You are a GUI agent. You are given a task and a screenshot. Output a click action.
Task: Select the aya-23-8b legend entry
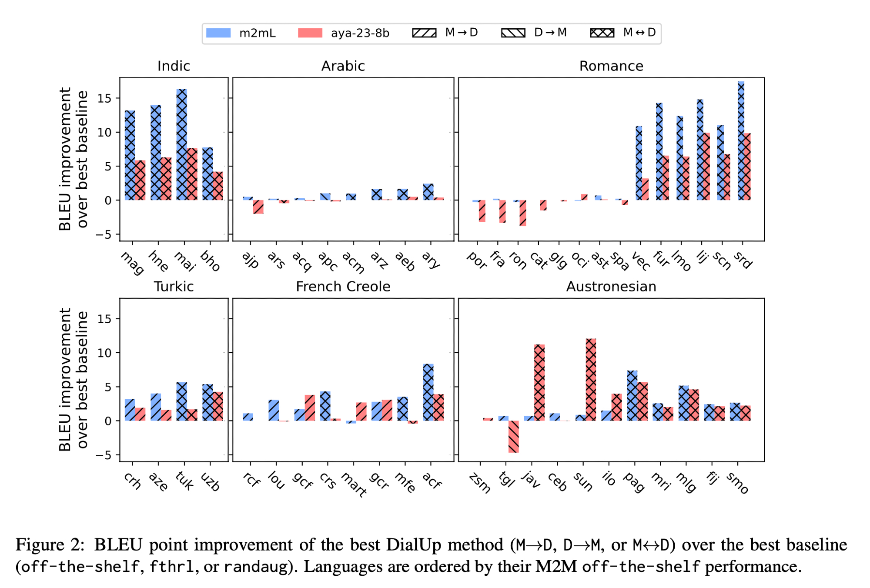tap(344, 33)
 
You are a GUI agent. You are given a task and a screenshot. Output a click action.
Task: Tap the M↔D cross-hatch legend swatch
tap(602, 33)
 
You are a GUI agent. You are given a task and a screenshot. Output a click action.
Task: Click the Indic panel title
tap(174, 66)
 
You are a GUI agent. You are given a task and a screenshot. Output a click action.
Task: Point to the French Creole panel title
tap(343, 287)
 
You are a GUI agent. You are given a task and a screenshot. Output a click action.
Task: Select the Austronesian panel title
tap(611, 287)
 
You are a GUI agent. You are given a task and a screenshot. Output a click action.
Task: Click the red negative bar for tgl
tap(513, 436)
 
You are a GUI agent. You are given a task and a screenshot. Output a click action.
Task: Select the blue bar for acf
tap(428, 392)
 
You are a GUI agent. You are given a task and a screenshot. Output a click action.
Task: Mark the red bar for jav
tap(539, 382)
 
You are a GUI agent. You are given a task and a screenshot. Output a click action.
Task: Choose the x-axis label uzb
tap(211, 482)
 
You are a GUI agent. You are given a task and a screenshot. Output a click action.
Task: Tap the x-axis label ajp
tap(251, 260)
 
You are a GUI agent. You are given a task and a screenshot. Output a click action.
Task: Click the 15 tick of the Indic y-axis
tap(104, 99)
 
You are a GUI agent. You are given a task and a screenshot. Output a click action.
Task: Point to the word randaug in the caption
tap(256, 567)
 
